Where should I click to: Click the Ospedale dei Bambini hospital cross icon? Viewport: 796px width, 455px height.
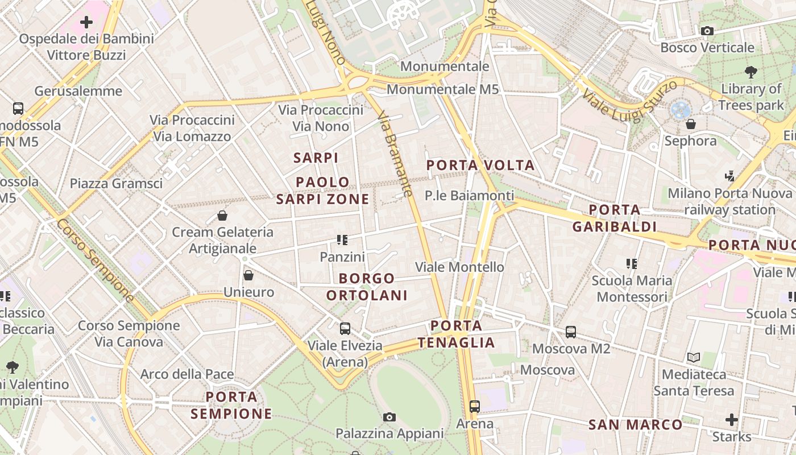(86, 22)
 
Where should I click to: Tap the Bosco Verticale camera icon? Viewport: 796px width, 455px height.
(707, 31)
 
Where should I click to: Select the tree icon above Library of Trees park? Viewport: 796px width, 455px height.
(751, 72)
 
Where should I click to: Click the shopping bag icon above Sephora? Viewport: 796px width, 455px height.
(691, 123)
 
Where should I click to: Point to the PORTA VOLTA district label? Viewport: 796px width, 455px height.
(480, 166)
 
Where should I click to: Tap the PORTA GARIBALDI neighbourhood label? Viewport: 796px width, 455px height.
(614, 218)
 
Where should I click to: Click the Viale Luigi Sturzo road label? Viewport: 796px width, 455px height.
(629, 101)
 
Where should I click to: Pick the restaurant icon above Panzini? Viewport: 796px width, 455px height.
(342, 240)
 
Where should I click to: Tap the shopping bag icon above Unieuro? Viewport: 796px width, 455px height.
(248, 276)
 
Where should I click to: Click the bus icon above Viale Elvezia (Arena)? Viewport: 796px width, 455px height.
(345, 328)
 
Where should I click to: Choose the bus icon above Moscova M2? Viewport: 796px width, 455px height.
(571, 332)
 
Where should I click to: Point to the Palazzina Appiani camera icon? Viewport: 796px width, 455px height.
(389, 417)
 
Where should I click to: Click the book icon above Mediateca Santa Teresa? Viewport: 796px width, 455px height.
(694, 357)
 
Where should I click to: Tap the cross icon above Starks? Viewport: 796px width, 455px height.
(732, 420)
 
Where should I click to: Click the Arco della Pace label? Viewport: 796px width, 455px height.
(187, 374)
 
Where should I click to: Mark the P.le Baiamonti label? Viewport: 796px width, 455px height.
(469, 196)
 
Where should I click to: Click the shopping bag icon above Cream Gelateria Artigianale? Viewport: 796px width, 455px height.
(222, 216)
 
